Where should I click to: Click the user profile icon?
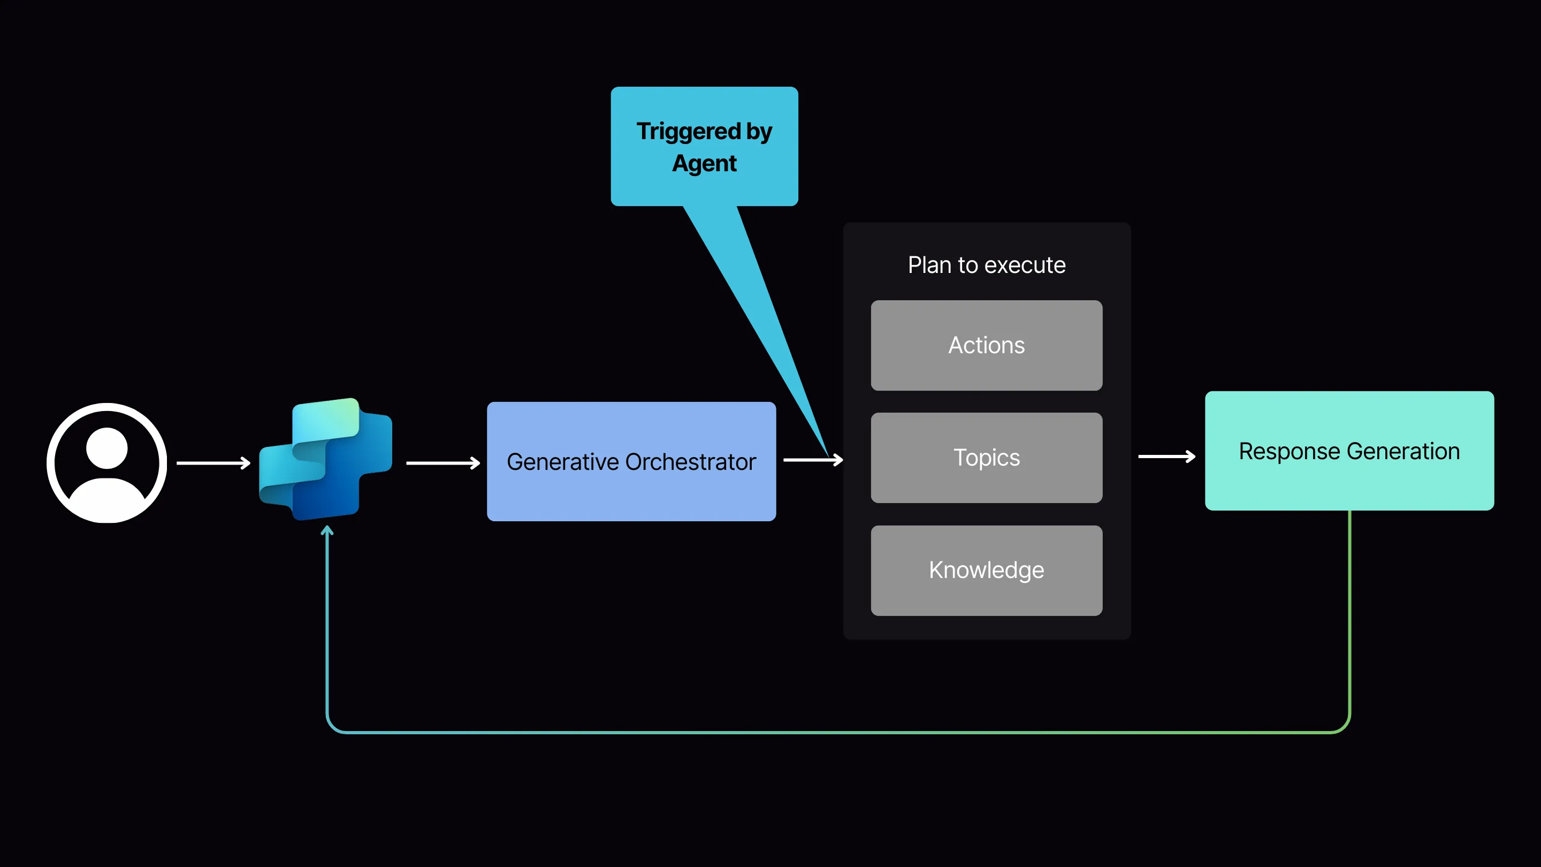click(x=106, y=462)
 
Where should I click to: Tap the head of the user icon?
click(x=106, y=447)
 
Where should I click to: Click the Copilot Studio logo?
click(x=326, y=460)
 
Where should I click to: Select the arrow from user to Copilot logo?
click(x=213, y=462)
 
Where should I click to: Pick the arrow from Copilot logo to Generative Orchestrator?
click(x=443, y=462)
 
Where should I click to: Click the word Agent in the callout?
click(x=704, y=163)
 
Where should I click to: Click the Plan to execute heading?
click(x=987, y=265)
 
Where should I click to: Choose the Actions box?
click(x=987, y=345)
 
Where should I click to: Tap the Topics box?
click(x=987, y=458)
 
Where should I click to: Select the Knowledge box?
click(x=987, y=570)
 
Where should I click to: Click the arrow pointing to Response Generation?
click(x=1166, y=457)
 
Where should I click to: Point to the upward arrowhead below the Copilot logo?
click(x=326, y=530)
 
